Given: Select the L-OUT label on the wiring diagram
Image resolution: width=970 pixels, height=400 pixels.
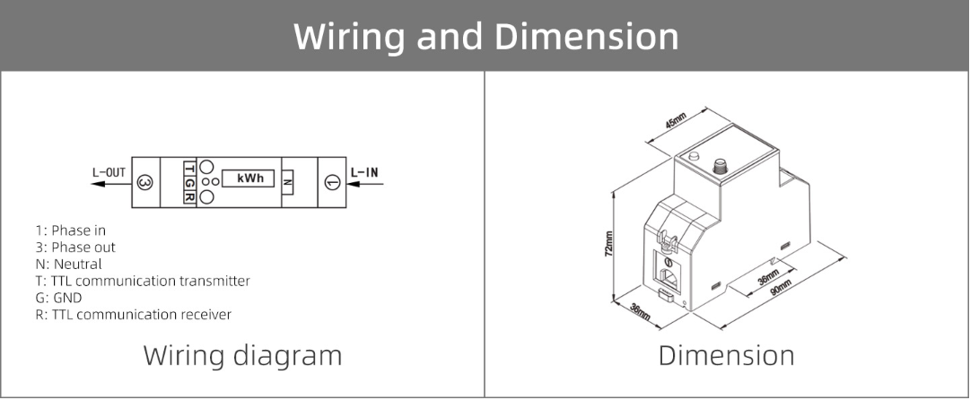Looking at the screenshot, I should [109, 170].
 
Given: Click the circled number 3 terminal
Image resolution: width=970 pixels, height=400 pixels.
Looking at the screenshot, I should [146, 183].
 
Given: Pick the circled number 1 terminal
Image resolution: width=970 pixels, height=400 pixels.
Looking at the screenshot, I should [332, 183].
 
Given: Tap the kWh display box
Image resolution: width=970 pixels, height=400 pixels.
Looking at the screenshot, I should [249, 179].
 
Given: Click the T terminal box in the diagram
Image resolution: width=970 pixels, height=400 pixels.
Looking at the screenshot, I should [189, 168].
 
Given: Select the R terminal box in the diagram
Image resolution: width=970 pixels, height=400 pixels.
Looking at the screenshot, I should [189, 197].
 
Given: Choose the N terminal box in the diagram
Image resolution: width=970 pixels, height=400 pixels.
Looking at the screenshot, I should [287, 182].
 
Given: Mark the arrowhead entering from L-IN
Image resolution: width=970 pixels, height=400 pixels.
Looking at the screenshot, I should [351, 183].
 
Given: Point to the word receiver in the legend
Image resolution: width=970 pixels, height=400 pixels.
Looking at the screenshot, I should [204, 315].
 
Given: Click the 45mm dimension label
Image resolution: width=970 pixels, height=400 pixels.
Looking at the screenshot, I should [675, 122].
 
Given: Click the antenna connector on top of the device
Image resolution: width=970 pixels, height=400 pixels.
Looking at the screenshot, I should [718, 166].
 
